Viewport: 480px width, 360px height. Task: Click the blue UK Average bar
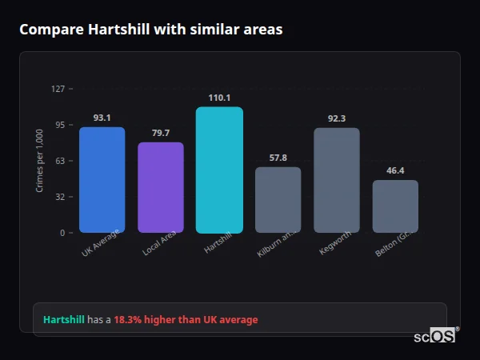tap(102, 180)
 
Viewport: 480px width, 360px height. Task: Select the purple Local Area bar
tap(161, 187)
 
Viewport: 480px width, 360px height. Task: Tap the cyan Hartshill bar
tap(219, 170)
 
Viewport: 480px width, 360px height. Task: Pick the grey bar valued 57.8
tap(278, 200)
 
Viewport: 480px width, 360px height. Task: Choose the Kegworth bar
tap(337, 180)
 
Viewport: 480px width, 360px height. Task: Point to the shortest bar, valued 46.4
tap(395, 206)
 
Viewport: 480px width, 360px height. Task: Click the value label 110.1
tap(219, 98)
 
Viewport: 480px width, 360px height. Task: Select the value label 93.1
tap(102, 118)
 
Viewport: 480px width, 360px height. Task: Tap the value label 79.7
tap(161, 133)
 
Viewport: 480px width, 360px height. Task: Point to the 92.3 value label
tap(337, 118)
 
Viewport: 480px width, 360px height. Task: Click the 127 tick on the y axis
tap(58, 89)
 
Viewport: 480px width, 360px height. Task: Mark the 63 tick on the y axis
tap(60, 161)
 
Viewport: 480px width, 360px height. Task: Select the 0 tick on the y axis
tap(62, 233)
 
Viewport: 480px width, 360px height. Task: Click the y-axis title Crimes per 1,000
tap(39, 161)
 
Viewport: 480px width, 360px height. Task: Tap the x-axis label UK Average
tap(101, 243)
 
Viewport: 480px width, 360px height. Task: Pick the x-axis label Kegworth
tap(334, 243)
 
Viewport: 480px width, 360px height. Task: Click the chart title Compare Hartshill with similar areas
tap(150, 30)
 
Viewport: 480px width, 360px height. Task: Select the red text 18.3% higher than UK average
tap(186, 320)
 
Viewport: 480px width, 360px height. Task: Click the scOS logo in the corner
tap(435, 336)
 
